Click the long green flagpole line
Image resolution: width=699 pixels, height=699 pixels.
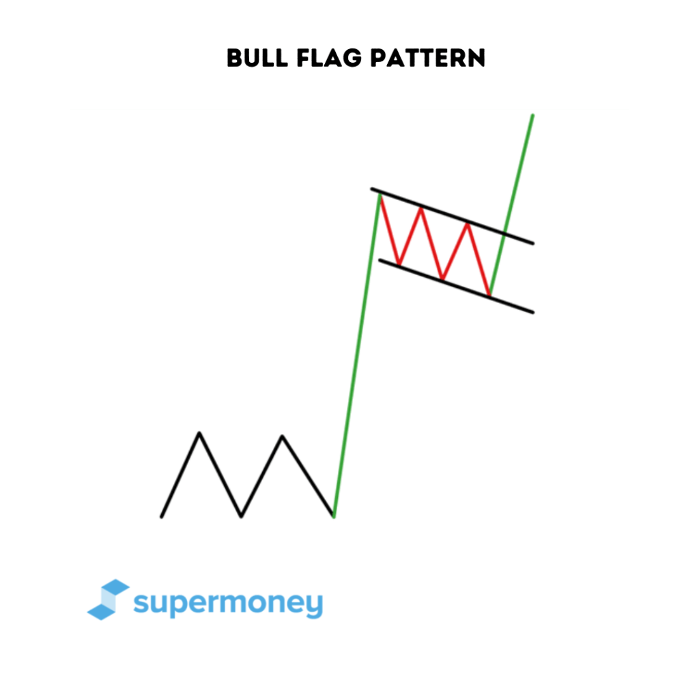coord(356,355)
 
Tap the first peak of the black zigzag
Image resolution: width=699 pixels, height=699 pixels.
coord(199,432)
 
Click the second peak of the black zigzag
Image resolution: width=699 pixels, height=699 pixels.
coord(282,436)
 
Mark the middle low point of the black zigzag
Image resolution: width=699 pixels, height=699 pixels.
coord(241,516)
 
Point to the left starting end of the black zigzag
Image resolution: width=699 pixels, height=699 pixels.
coord(162,517)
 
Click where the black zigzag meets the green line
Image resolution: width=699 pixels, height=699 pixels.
coord(333,515)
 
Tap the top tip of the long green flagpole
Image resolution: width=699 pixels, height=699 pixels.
coord(380,195)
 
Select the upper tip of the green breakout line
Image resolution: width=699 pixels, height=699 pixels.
coord(532,115)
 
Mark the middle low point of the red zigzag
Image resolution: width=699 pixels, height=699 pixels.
coord(443,279)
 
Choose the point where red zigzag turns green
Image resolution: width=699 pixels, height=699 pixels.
coord(489,295)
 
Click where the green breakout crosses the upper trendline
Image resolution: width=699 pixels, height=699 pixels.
coord(504,233)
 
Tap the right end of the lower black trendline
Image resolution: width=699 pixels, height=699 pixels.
coord(532,313)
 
